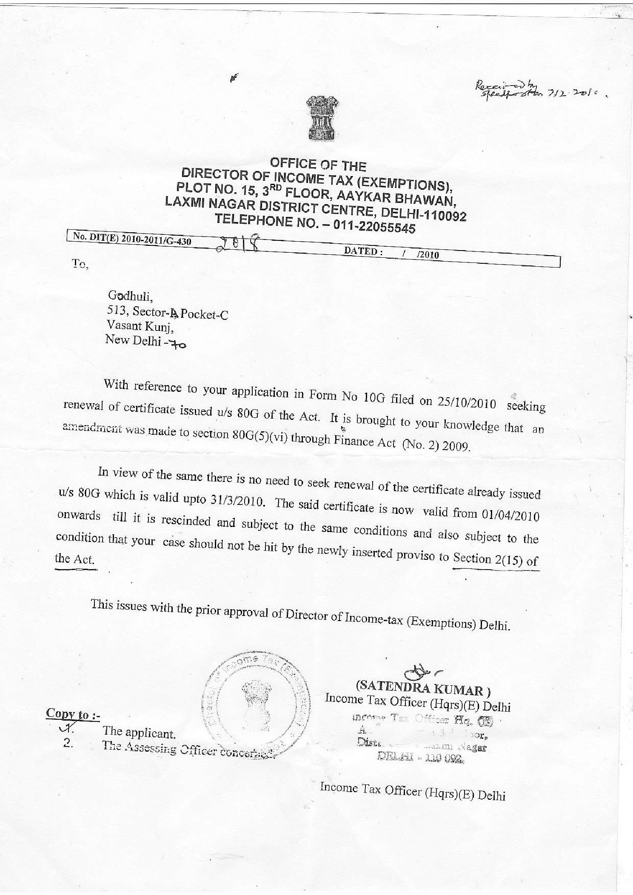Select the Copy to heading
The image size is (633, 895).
tap(73, 714)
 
